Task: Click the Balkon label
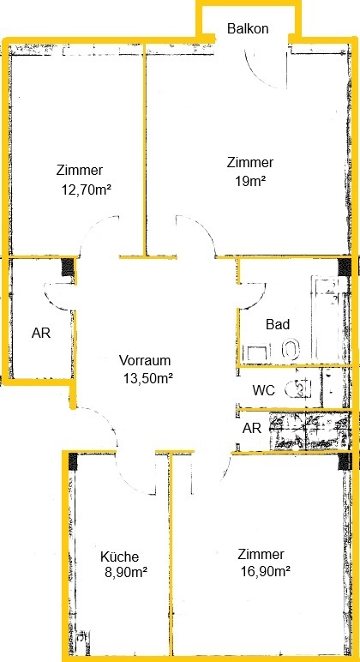coord(248,28)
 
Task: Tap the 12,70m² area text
coord(87,190)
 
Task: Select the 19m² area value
coord(250,181)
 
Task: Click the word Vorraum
coord(145,360)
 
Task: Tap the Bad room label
coord(278,325)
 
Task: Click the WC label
coord(264,390)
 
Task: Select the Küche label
coord(119,557)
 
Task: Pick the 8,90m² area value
coord(126,573)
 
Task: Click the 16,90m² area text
coord(265,572)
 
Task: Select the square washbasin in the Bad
coord(256,352)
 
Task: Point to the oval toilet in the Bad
coord(291,349)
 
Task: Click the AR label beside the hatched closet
coord(252,429)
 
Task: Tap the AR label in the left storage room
coord(41,333)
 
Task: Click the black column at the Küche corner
coord(73,461)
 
